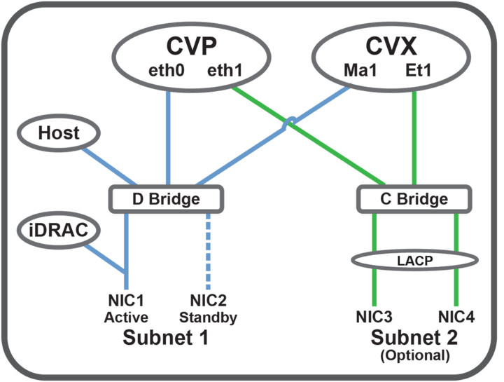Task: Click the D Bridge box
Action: (x=166, y=199)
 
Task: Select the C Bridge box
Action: (x=412, y=199)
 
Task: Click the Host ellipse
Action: (x=58, y=132)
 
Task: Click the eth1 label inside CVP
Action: (x=223, y=71)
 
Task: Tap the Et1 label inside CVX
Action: (x=418, y=71)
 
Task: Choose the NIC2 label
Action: (x=208, y=303)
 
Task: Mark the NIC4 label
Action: (x=456, y=317)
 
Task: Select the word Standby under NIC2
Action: (x=208, y=318)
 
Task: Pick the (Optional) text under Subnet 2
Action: (x=414, y=355)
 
